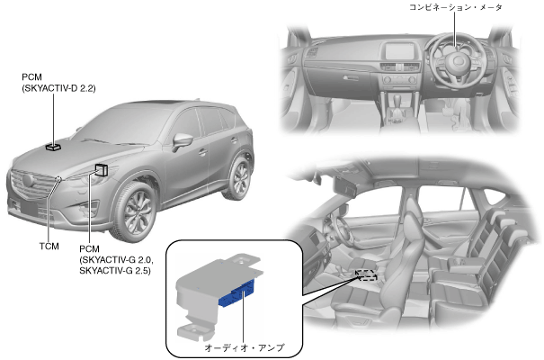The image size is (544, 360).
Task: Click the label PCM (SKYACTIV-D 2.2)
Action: pos(57,84)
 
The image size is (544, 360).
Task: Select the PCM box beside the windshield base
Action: pos(102,170)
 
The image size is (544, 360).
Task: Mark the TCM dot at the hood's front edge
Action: pos(59,178)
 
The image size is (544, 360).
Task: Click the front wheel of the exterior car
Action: pos(138,211)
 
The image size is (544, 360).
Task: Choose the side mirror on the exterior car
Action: pos(182,140)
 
